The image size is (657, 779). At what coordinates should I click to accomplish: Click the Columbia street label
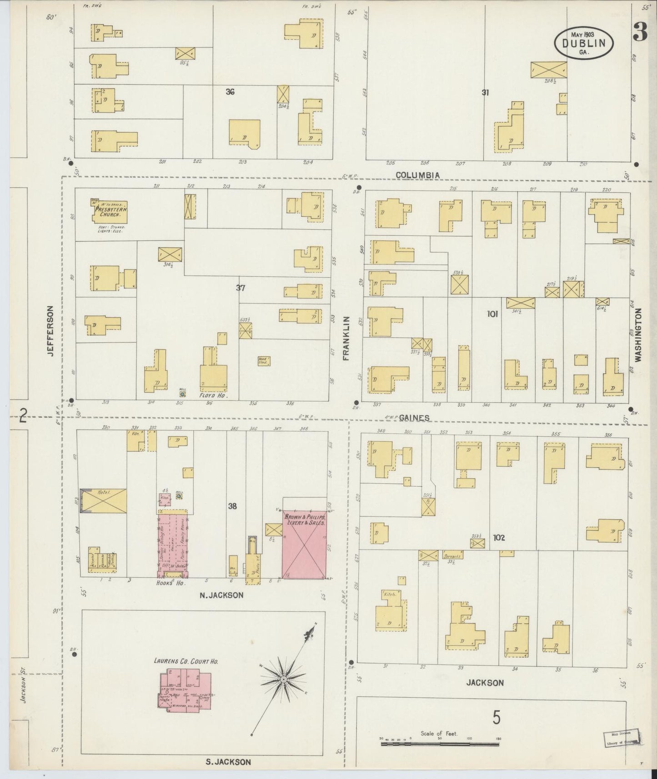point(417,175)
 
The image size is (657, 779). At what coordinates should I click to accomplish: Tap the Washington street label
point(638,335)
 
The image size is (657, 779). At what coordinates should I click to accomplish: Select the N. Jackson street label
point(222,595)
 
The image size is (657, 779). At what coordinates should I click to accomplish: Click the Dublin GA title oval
point(583,43)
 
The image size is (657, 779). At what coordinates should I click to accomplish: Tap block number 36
point(230,92)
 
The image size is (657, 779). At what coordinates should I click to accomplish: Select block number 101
point(492,314)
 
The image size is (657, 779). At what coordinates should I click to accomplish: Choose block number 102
point(499,538)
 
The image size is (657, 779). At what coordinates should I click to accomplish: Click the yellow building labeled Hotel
point(104,501)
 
